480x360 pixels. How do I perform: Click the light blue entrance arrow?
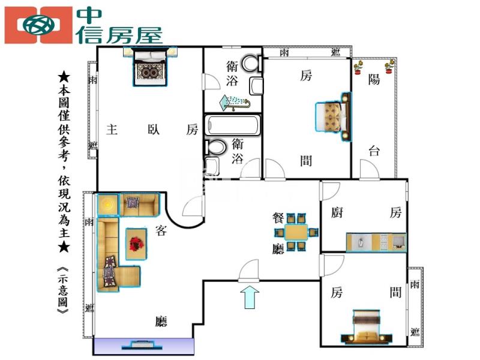click(x=250, y=297)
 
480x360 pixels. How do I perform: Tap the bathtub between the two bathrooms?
click(x=232, y=125)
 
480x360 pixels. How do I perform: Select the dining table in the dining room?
click(x=296, y=232)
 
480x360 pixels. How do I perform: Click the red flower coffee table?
click(x=136, y=244)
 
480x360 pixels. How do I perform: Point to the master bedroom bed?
click(x=150, y=66)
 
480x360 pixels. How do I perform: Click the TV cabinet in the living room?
click(x=143, y=346)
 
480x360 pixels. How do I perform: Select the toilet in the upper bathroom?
click(x=252, y=64)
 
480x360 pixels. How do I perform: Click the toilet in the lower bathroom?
click(x=215, y=147)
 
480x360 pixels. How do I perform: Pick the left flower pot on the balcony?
click(x=358, y=67)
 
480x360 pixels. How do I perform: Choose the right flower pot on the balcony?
click(x=389, y=67)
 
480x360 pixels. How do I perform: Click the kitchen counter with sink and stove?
click(x=376, y=242)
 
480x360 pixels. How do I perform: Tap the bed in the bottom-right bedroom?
click(x=367, y=326)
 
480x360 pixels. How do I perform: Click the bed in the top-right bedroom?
click(x=333, y=117)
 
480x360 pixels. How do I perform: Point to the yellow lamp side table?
click(x=108, y=205)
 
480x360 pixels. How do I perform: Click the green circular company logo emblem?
click(x=39, y=25)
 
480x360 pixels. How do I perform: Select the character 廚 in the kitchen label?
click(x=337, y=212)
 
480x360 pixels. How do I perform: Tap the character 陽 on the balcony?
click(x=374, y=79)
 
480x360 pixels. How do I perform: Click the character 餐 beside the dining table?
click(x=278, y=218)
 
